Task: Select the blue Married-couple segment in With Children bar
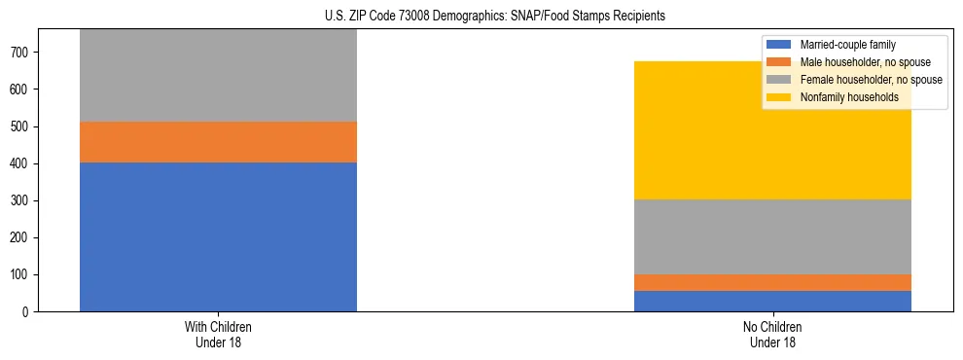(218, 236)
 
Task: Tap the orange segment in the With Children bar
(218, 142)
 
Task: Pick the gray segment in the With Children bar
(218, 76)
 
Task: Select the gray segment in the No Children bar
(772, 236)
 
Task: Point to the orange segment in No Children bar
(772, 282)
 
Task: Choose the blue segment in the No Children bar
(772, 301)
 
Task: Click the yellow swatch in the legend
(779, 97)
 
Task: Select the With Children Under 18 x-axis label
(218, 335)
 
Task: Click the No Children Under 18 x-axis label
(772, 335)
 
